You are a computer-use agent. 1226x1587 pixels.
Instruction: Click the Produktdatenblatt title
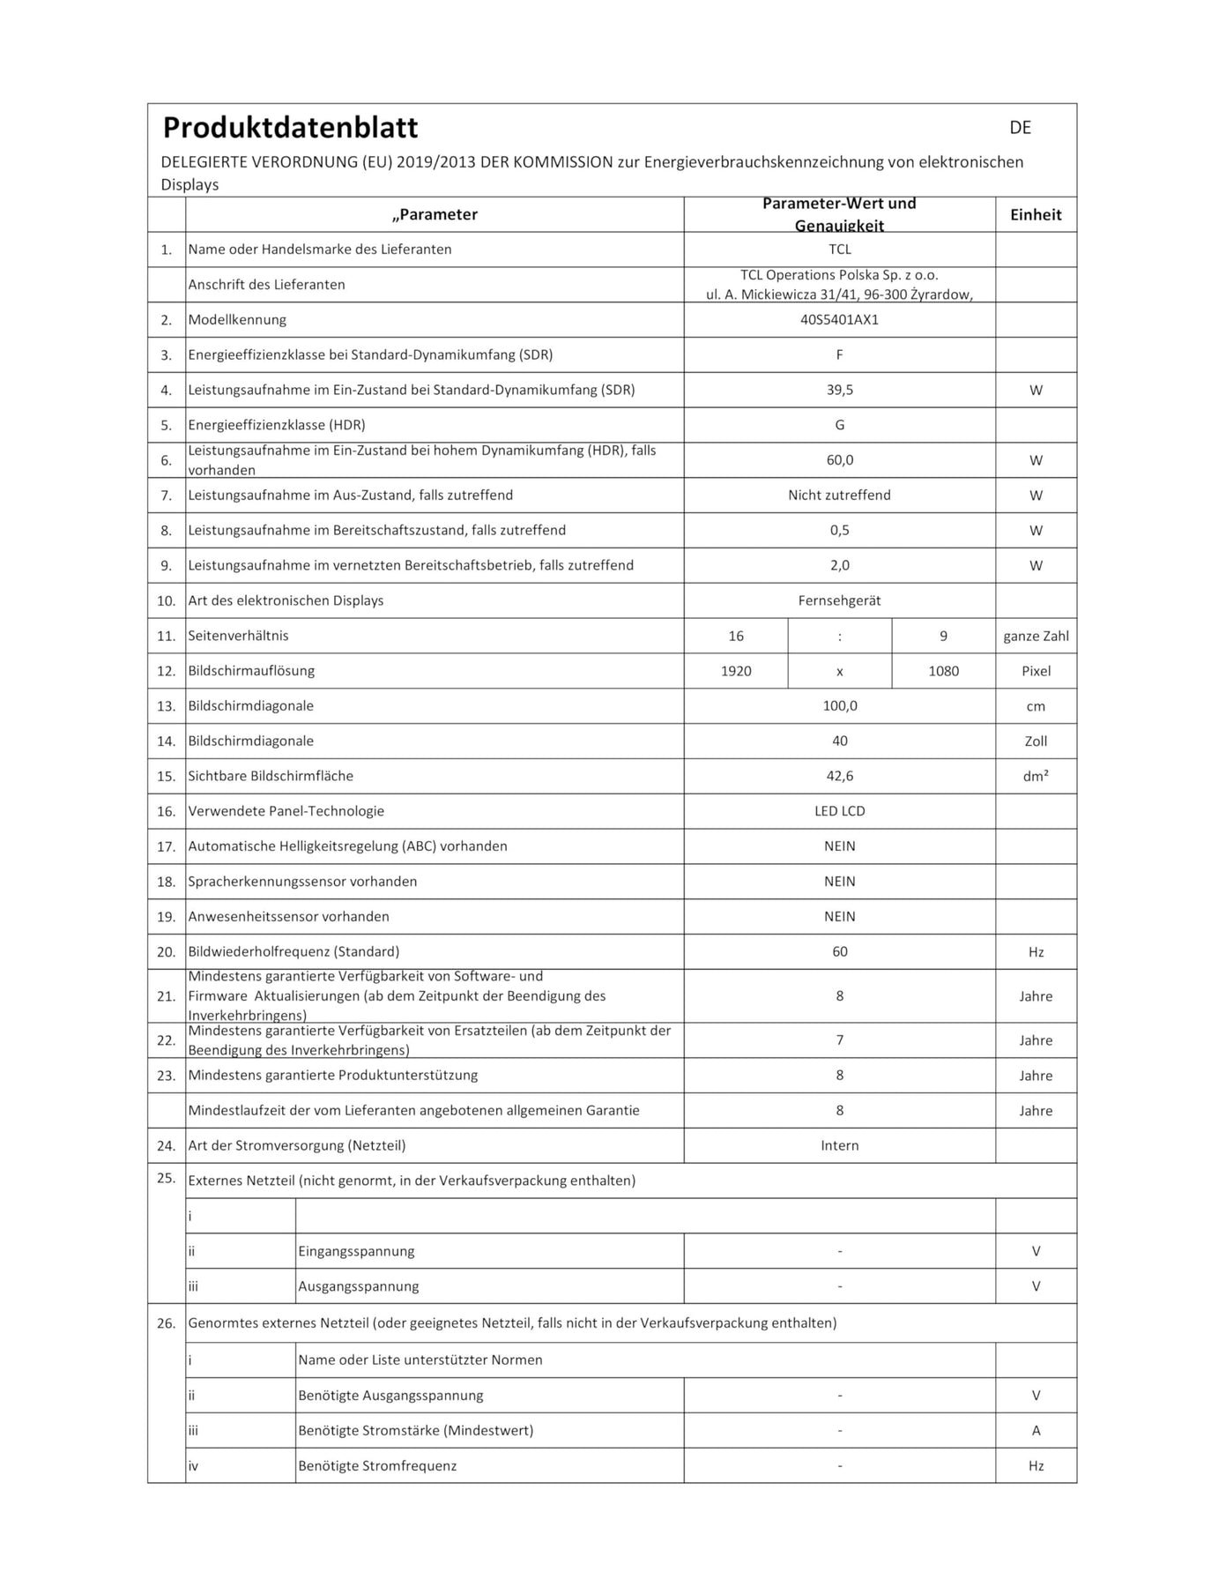point(290,128)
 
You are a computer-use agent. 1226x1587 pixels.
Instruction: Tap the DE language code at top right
point(1020,128)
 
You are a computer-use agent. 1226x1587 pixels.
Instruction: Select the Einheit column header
point(1036,214)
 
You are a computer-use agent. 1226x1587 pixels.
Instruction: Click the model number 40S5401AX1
point(839,320)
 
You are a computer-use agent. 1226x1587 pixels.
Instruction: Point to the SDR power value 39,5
point(839,390)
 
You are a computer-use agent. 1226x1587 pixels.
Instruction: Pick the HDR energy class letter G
point(839,425)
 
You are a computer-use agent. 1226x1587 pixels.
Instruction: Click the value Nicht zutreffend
point(839,495)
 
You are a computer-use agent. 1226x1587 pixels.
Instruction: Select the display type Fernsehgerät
point(839,600)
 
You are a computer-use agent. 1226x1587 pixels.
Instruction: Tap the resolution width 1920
point(736,671)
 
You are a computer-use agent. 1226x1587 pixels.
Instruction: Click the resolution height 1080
point(943,671)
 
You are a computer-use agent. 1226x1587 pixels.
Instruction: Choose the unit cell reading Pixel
point(1036,671)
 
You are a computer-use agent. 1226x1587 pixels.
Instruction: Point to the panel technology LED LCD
point(839,811)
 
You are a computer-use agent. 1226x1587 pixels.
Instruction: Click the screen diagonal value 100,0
point(839,706)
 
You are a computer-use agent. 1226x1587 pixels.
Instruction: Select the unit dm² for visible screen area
point(1036,777)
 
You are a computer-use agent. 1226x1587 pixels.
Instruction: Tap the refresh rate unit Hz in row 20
point(1036,952)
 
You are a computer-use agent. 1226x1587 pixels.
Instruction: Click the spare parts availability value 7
point(839,1040)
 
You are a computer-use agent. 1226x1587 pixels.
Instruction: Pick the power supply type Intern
point(839,1145)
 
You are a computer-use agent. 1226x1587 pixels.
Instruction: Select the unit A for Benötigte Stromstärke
point(1036,1430)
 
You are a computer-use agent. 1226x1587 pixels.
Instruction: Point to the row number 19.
point(167,917)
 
